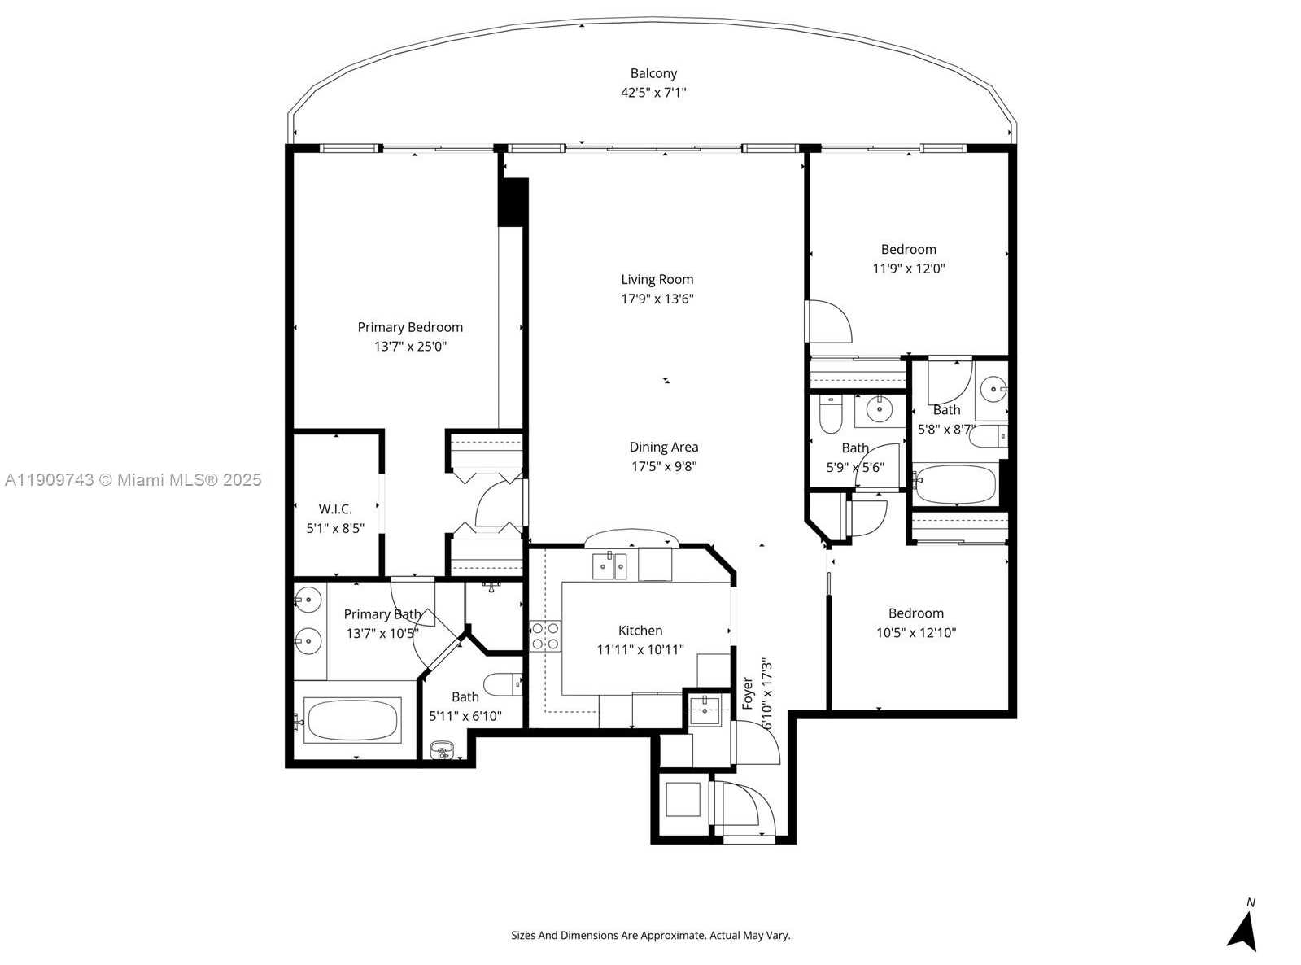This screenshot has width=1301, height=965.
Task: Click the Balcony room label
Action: (653, 74)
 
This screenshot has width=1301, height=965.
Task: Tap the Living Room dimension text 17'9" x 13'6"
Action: (657, 299)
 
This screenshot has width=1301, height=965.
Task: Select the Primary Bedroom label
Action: (410, 327)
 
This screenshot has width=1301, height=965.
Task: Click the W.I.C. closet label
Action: (335, 509)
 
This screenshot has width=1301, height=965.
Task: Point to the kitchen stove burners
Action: (545, 635)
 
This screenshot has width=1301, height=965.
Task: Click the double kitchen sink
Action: (609, 565)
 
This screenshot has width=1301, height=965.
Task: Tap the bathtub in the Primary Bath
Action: (352, 719)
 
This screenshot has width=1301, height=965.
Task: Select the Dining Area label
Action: (664, 447)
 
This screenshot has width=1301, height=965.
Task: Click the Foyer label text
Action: (748, 693)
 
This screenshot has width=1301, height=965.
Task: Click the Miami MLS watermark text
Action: (133, 480)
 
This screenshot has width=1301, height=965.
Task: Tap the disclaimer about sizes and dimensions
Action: (650, 936)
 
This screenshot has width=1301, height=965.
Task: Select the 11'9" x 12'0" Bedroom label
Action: (909, 250)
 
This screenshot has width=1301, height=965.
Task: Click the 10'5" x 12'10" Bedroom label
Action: (916, 613)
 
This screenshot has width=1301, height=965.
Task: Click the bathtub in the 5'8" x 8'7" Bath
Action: (955, 485)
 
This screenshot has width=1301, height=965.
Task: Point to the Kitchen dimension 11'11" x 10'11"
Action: (640, 650)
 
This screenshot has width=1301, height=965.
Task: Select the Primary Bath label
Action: (382, 614)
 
